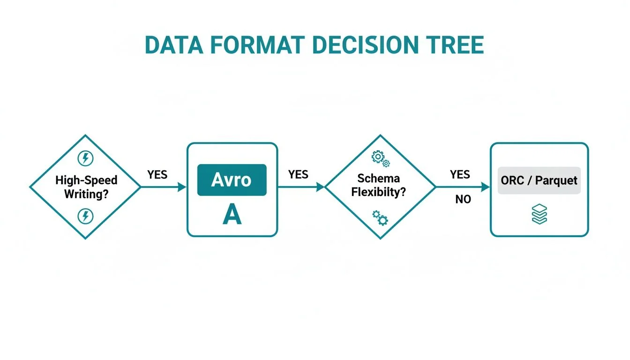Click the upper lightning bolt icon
click(85, 158)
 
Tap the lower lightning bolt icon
click(85, 216)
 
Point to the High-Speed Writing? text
click(86, 187)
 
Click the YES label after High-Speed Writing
click(157, 175)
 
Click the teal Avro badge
click(232, 180)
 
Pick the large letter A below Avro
click(232, 215)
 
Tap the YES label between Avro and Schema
click(298, 175)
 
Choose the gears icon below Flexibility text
click(380, 217)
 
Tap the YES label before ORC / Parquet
click(460, 175)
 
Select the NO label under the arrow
click(463, 200)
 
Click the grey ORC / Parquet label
click(539, 180)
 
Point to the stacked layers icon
click(540, 215)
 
